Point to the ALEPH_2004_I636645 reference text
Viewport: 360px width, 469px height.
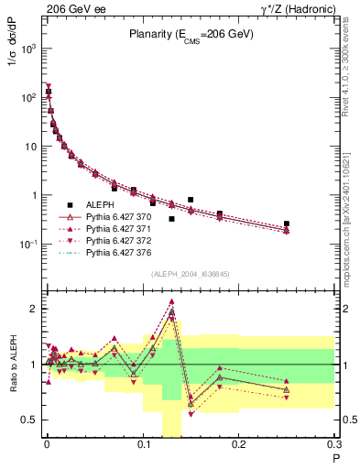[191, 274]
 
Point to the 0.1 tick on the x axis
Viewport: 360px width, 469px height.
[142, 446]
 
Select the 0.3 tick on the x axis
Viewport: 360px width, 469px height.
[334, 446]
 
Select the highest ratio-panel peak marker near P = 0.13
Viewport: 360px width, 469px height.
[171, 301]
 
